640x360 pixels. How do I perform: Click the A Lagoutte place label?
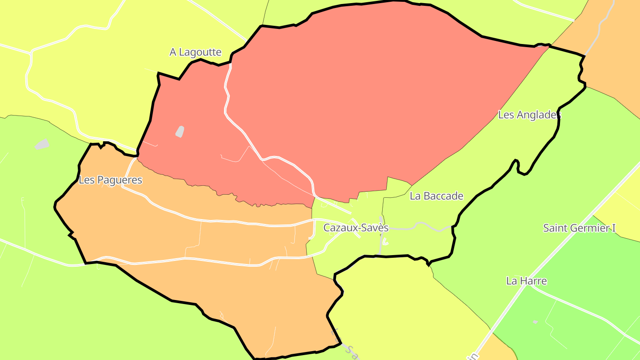click(x=196, y=52)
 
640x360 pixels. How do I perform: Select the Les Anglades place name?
click(x=529, y=115)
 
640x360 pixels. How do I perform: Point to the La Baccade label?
click(x=436, y=196)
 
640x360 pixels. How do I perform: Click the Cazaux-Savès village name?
click(x=356, y=228)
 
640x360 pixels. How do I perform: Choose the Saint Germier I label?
click(x=579, y=228)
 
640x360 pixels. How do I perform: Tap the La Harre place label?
click(x=526, y=281)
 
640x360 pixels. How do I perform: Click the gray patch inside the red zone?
click(x=180, y=132)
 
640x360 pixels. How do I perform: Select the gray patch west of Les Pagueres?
click(x=41, y=144)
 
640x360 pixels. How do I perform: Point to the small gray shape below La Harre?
click(x=535, y=321)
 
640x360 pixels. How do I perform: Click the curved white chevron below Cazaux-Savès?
click(x=385, y=242)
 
